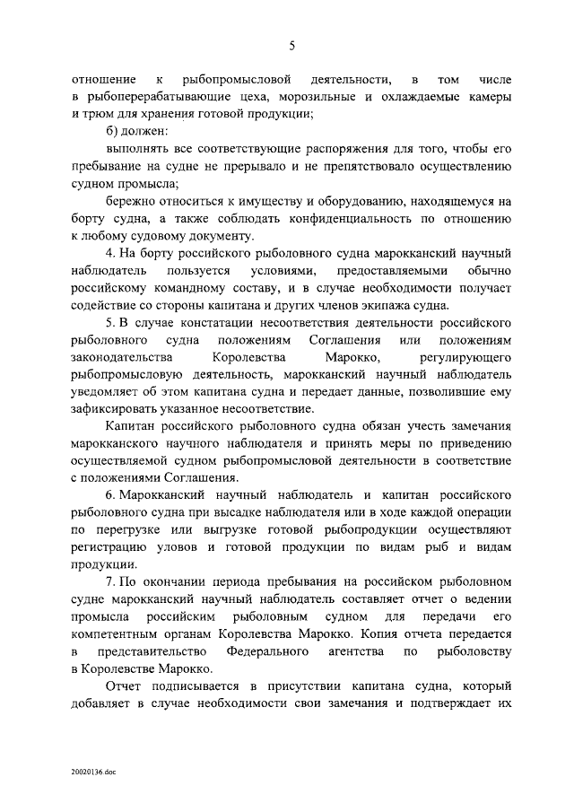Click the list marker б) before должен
tap(115, 131)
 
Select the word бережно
tap(130, 202)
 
